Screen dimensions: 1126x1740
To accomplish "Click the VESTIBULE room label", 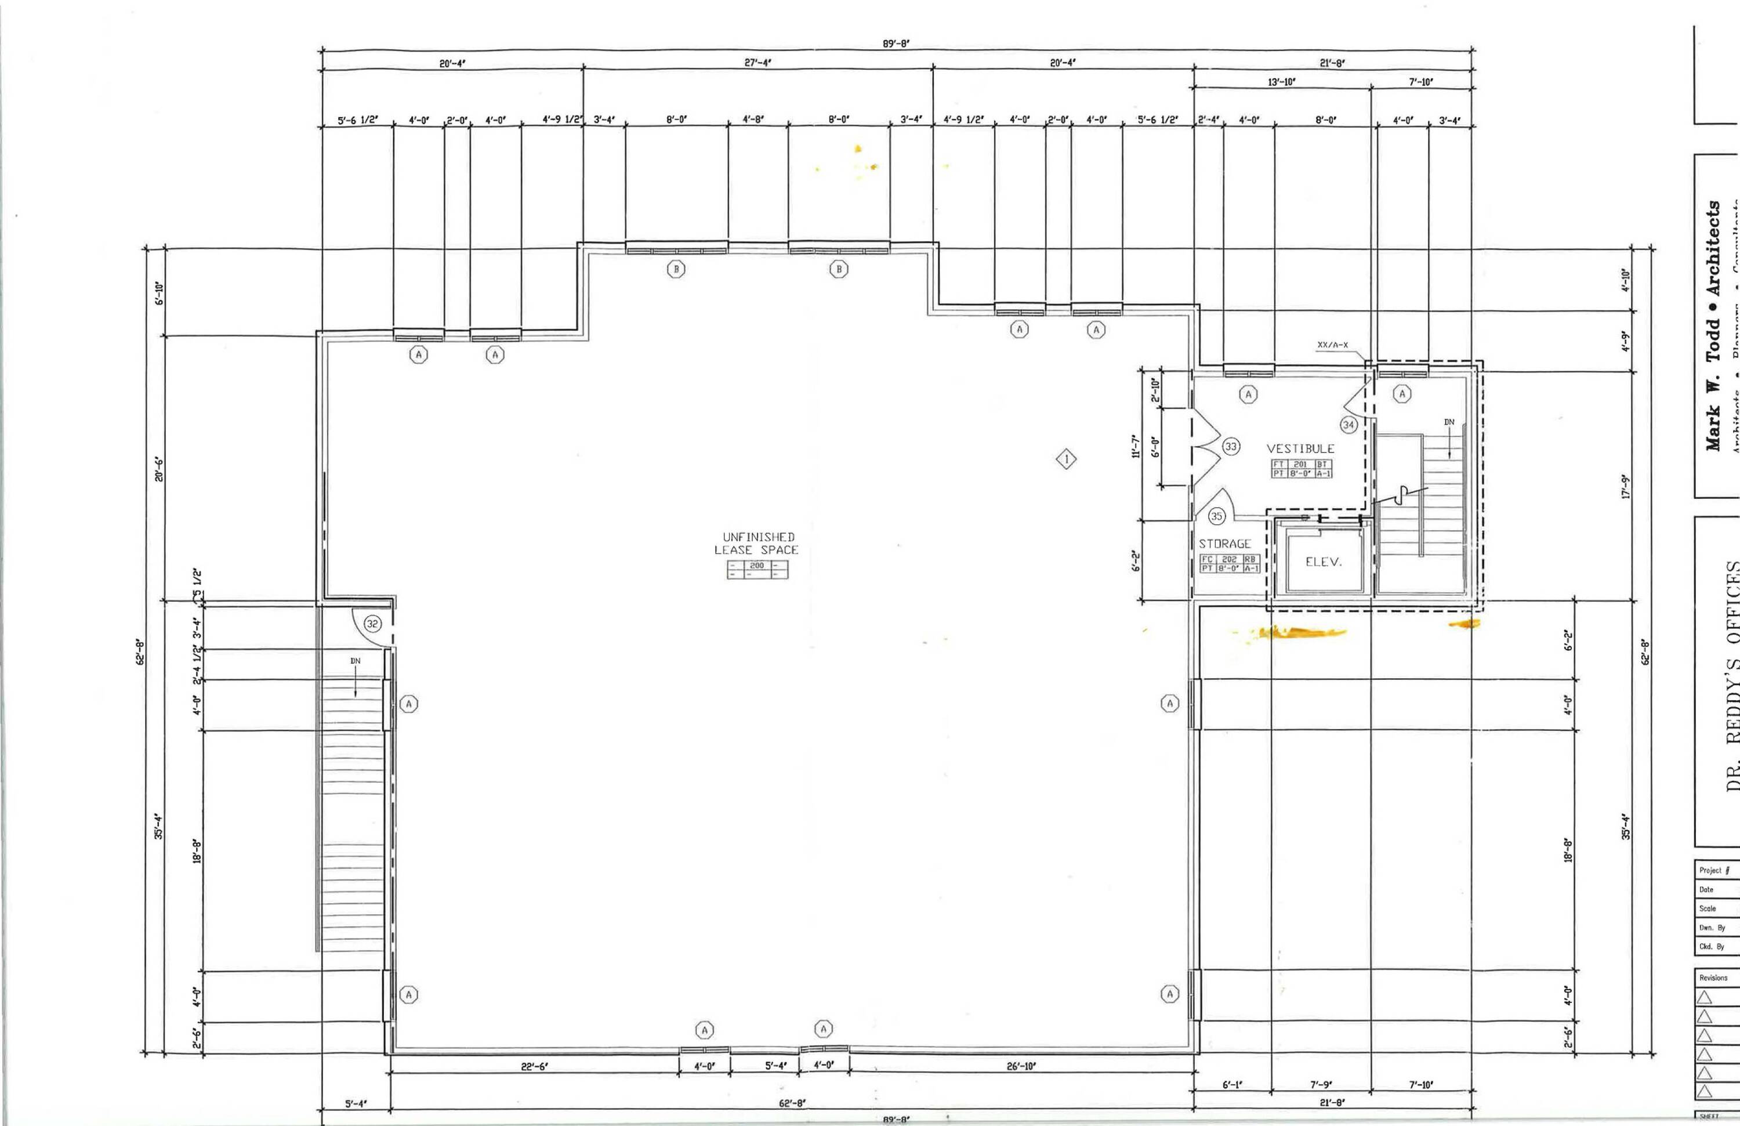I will point(1300,448).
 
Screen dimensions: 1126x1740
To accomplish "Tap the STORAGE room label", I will point(1224,544).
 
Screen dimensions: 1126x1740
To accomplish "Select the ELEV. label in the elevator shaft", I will point(1324,562).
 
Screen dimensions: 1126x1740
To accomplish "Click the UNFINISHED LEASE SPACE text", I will point(757,543).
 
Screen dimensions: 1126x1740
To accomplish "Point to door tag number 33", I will point(1231,447).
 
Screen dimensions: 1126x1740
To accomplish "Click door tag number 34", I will point(1348,425).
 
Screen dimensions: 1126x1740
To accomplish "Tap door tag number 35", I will point(1216,516).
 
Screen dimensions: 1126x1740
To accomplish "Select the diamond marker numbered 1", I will point(1067,459).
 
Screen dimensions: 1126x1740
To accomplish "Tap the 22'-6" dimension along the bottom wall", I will point(534,1067).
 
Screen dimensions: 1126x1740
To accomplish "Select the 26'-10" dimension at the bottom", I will point(1021,1067).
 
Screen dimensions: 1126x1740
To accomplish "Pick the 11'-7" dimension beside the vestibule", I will point(1136,446).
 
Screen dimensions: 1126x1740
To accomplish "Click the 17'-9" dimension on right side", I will point(1626,487).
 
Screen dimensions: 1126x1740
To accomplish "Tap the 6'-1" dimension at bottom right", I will point(1232,1085).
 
